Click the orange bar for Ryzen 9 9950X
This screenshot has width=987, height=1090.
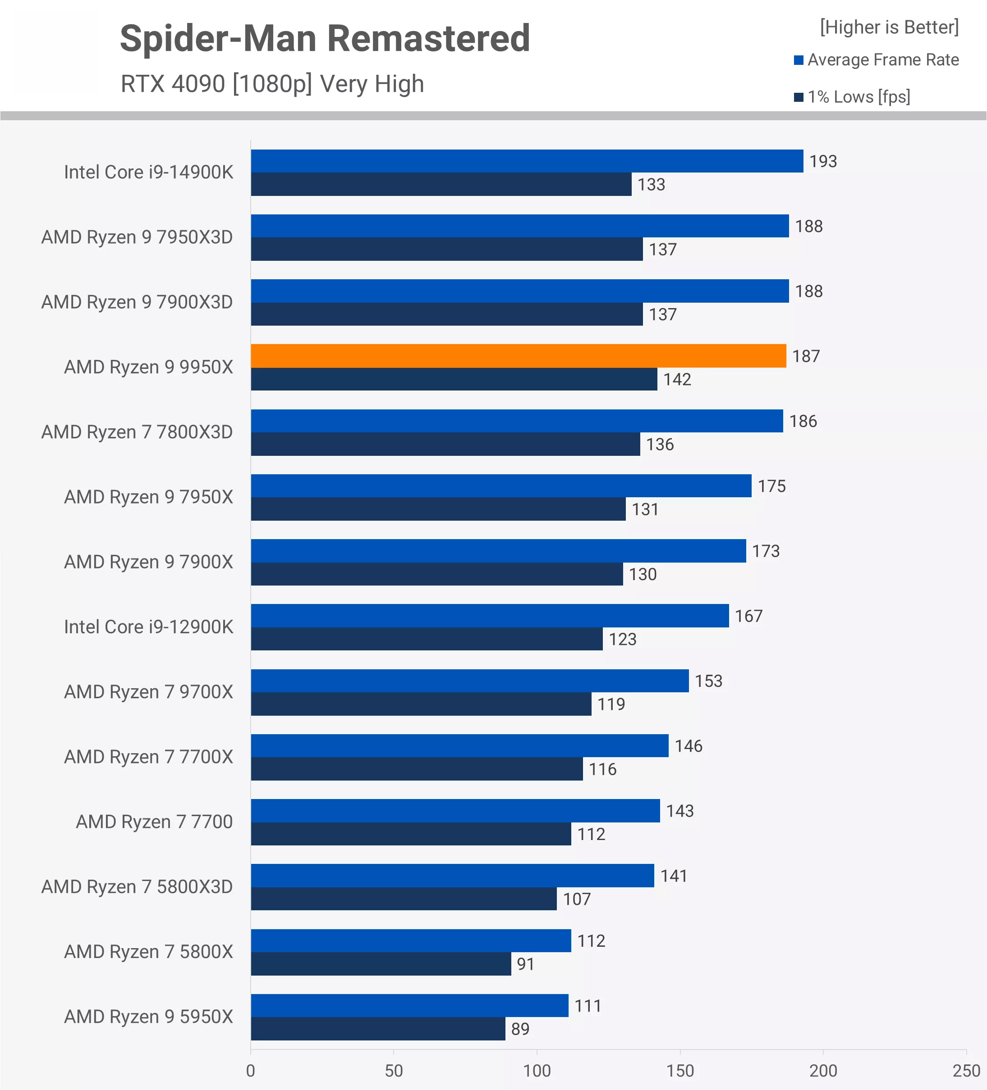tap(518, 356)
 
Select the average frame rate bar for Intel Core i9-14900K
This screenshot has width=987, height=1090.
tap(527, 161)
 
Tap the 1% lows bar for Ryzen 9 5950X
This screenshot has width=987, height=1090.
tap(378, 1028)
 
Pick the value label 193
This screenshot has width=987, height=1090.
tap(822, 161)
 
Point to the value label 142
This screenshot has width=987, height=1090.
tap(677, 379)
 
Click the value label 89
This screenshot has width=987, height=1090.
tap(520, 1028)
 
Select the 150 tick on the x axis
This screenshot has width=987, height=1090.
tap(679, 1071)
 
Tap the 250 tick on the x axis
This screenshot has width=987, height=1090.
tap(966, 1071)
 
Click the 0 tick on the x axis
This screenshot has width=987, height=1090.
tap(251, 1071)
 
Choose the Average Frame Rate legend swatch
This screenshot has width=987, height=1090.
tap(798, 60)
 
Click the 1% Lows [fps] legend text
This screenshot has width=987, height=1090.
tap(859, 97)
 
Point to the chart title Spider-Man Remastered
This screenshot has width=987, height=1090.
tap(325, 39)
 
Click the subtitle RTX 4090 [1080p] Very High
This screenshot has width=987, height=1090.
tap(272, 84)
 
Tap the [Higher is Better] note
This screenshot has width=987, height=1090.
tap(889, 27)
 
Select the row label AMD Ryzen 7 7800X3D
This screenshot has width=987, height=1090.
tap(137, 432)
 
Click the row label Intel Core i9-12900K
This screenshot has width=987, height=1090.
tap(148, 627)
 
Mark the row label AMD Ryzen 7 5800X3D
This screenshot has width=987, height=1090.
tap(137, 887)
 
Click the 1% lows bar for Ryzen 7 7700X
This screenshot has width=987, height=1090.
tap(417, 769)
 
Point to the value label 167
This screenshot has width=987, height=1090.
tap(748, 616)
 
